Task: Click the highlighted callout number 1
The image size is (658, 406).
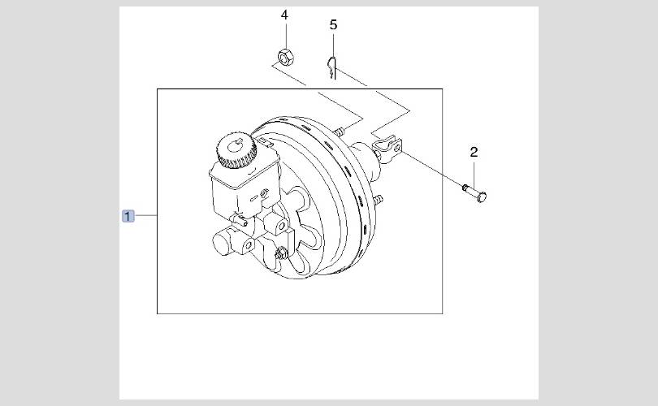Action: coord(128,216)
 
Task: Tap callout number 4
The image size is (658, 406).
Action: coord(284,15)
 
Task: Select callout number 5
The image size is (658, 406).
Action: coord(333,24)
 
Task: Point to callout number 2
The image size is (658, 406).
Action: coord(474,152)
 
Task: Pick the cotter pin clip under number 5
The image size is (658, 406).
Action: coord(332,67)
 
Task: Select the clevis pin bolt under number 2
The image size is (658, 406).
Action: coord(474,192)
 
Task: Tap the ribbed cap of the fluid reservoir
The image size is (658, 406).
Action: coord(236,150)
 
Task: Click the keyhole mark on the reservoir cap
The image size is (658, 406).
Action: coord(235,145)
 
